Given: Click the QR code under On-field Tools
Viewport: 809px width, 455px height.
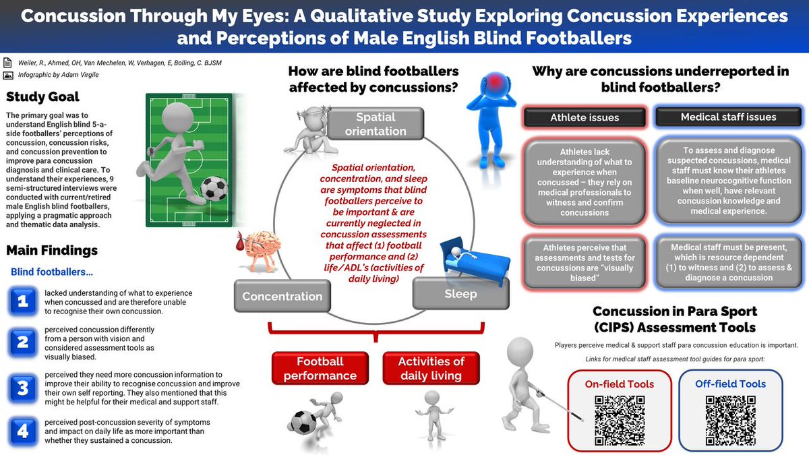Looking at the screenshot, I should (620, 418).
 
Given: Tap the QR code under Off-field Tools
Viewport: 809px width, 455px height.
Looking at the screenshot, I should (730, 418).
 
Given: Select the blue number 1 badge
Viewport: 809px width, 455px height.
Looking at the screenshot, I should (23, 301).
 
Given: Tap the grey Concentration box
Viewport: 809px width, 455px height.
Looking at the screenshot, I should (282, 296).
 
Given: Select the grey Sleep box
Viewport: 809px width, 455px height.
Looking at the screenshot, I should (460, 294).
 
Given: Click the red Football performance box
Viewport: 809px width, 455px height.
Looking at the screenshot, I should (320, 369).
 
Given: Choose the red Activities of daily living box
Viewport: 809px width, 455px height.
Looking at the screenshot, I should (431, 369).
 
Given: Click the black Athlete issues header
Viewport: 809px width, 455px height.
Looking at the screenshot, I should (584, 117).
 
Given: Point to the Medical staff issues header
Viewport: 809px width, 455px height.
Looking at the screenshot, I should (728, 117).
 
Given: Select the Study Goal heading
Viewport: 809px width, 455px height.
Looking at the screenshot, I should (42, 97).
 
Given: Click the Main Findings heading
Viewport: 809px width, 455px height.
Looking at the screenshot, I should (52, 250).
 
